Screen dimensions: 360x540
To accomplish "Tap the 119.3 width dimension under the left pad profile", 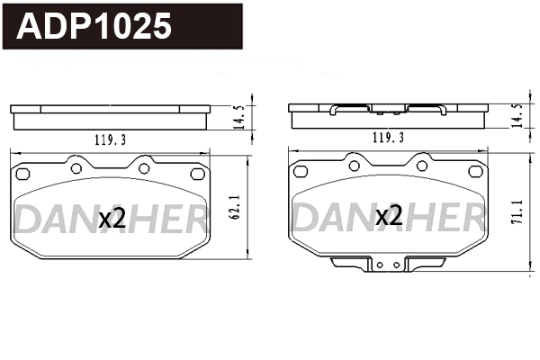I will click(x=110, y=139).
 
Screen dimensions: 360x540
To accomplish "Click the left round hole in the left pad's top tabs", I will click(x=76, y=166).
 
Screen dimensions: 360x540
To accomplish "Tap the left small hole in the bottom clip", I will click(x=380, y=265).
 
